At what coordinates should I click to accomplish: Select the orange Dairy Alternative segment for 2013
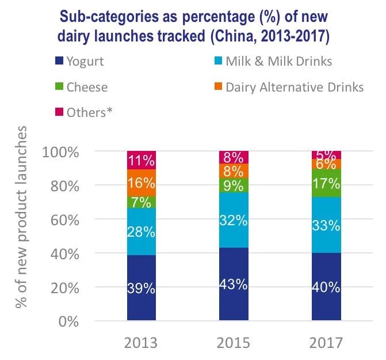(x=142, y=183)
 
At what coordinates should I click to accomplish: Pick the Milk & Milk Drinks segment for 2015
(x=234, y=220)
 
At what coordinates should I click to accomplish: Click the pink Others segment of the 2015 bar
(x=234, y=157)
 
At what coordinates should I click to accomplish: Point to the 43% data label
(x=234, y=284)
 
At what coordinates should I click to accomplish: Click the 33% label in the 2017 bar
(x=326, y=226)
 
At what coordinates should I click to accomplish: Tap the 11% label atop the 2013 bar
(x=142, y=161)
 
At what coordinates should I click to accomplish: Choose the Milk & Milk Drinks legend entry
(x=271, y=60)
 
